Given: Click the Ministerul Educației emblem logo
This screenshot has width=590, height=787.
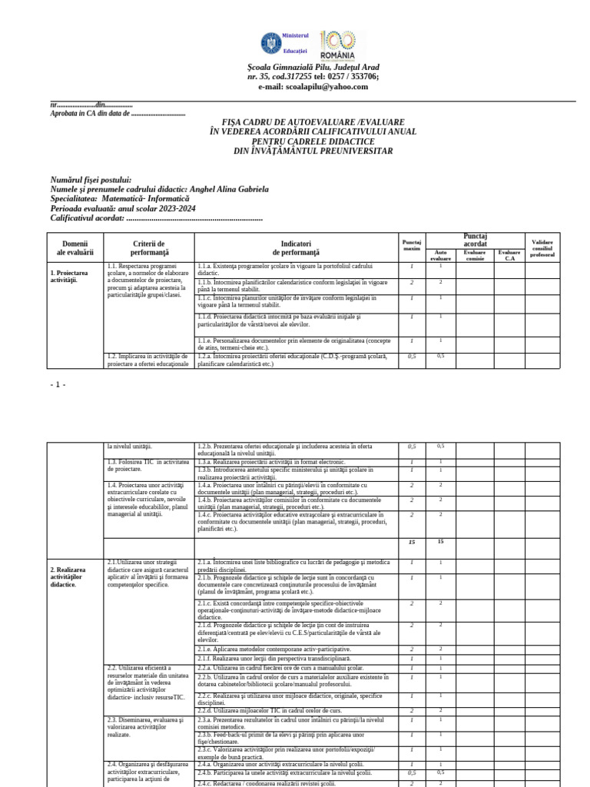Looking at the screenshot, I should click(x=271, y=43).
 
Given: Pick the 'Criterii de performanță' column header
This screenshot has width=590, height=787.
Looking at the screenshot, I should click(x=149, y=247).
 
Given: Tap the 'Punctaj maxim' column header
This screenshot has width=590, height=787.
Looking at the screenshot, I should click(x=412, y=246).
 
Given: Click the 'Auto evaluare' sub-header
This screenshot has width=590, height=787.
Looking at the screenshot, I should click(x=440, y=254).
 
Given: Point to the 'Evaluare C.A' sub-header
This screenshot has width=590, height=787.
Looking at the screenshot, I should click(x=509, y=254).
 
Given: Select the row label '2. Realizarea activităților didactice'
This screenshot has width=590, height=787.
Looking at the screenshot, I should click(x=67, y=577).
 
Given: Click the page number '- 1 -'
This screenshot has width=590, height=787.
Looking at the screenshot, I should click(x=58, y=384).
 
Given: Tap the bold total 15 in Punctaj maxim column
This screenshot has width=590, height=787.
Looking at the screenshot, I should click(x=412, y=542).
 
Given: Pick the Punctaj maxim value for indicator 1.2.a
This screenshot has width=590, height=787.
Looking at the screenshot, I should click(x=412, y=356).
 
